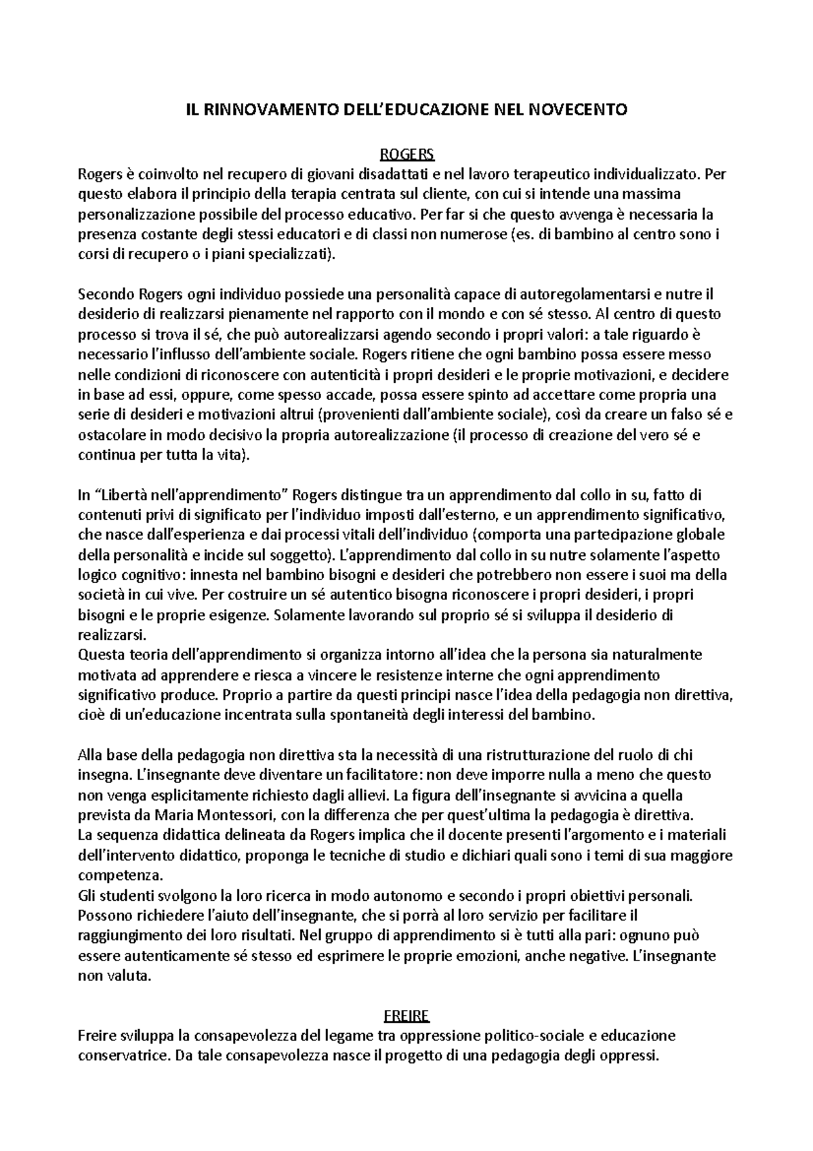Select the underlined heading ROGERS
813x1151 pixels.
coord(406,153)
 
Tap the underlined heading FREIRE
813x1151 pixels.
coord(406,1016)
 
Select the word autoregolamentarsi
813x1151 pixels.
coord(578,294)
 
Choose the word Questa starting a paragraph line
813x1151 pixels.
coord(98,655)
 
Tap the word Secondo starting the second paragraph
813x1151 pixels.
coord(106,294)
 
